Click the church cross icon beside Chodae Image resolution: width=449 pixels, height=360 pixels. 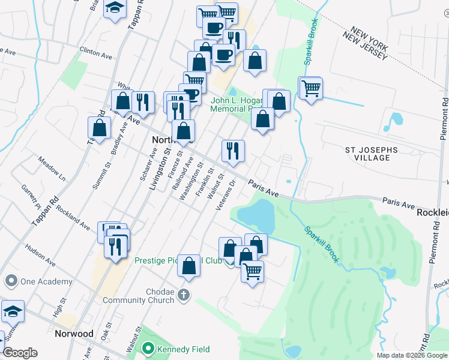pos(184,295)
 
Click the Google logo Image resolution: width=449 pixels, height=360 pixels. pos(20,353)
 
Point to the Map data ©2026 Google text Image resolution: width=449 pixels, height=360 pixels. pos(412,355)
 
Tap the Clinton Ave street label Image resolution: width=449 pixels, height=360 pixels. pos(97,55)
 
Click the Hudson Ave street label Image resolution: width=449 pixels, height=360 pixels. pos(39,255)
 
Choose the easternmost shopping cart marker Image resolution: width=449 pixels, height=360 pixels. pos(311,89)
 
